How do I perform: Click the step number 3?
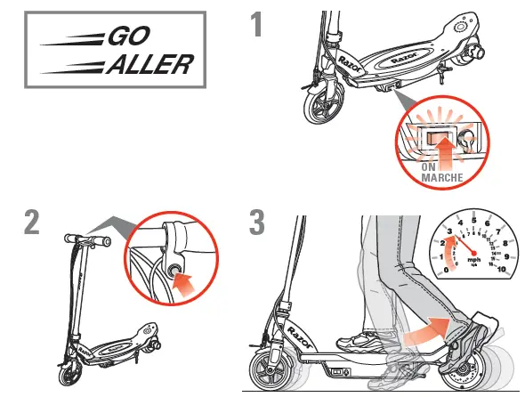coord(258,222)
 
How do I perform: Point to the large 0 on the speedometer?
coord(447,269)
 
